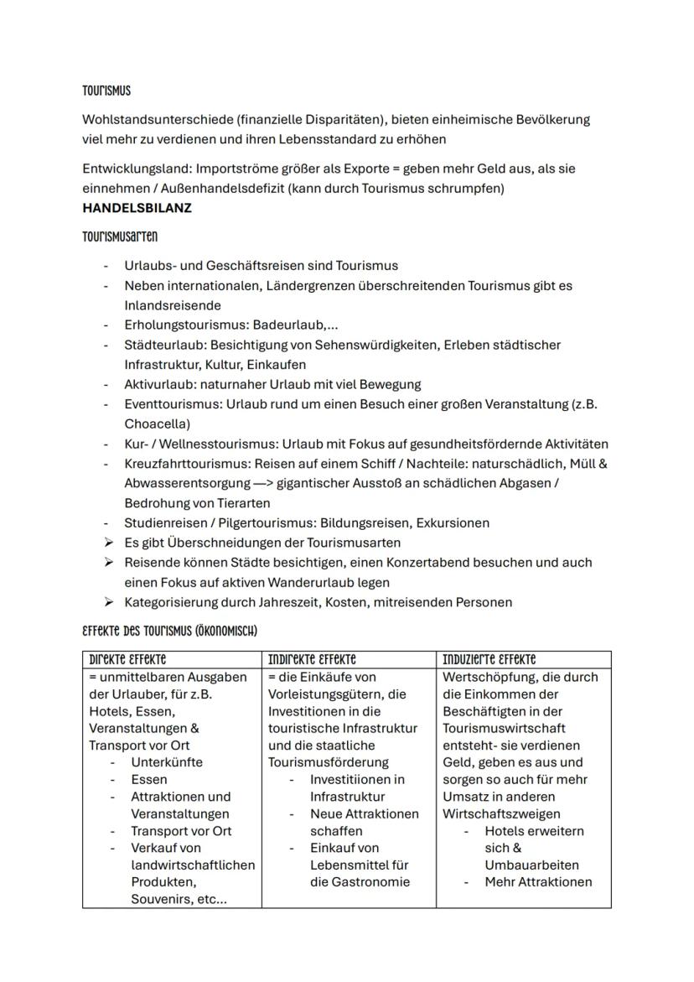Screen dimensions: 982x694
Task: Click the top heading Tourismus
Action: click(106, 91)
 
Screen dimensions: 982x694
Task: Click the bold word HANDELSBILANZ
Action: click(137, 208)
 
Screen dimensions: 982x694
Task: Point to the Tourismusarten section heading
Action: click(120, 237)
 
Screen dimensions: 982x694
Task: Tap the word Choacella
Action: click(157, 423)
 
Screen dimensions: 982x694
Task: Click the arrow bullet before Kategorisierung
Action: click(108, 602)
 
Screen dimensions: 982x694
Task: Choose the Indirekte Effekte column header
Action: click(312, 660)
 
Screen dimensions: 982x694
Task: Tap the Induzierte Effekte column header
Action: click(489, 660)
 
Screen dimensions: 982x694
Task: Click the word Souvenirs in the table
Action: click(163, 899)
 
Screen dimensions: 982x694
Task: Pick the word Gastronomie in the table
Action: click(360, 881)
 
